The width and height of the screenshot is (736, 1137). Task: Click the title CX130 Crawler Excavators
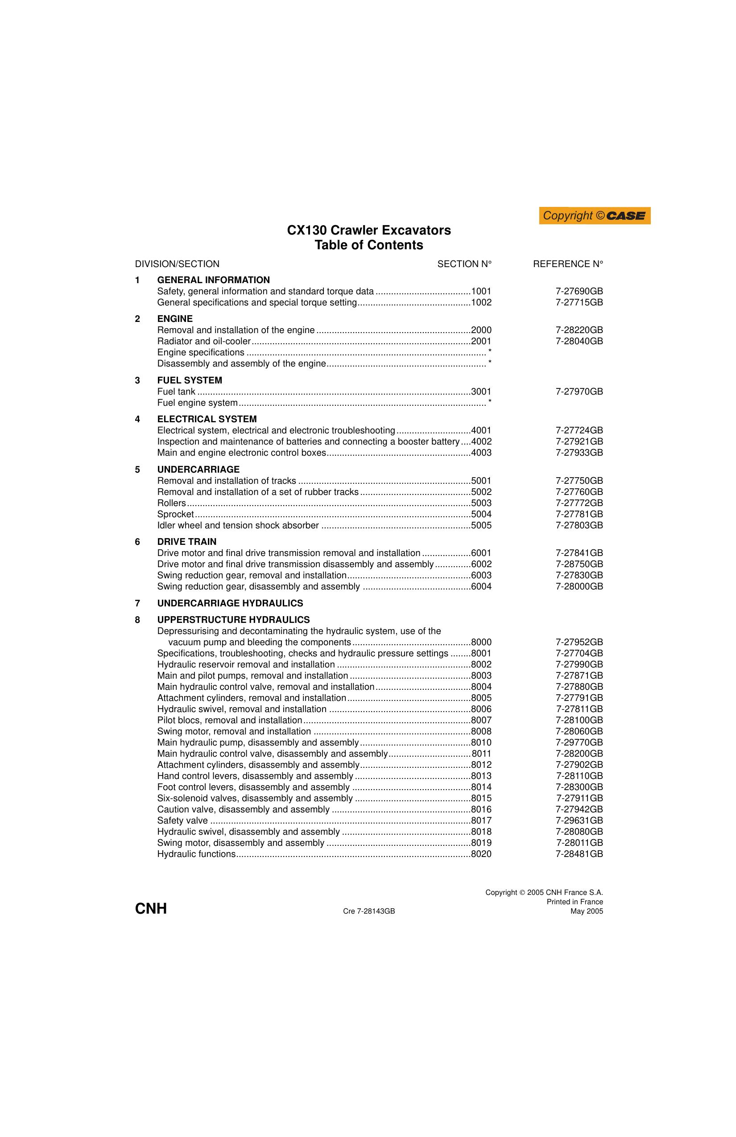tap(368, 230)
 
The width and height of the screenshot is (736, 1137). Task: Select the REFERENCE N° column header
tap(568, 264)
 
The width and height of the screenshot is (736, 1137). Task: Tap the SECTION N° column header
tap(464, 264)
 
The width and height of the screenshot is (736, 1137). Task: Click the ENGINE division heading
tap(175, 319)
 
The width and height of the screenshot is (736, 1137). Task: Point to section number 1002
tap(481, 302)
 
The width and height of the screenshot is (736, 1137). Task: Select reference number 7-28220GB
tap(579, 330)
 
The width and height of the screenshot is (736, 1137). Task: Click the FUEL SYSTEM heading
tap(190, 380)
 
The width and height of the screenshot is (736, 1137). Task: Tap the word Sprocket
tap(175, 514)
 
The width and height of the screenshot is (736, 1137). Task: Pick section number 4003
tap(481, 453)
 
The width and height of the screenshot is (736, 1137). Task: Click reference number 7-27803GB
tap(579, 525)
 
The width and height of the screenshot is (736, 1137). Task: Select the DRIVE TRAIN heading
tap(187, 542)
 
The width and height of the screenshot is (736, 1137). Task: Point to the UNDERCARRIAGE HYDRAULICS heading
tap(230, 603)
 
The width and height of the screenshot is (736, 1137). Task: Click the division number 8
tap(138, 620)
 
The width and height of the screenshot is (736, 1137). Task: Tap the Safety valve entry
tap(182, 821)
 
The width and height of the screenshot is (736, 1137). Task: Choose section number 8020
tap(481, 854)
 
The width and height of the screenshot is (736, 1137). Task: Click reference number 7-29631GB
tap(579, 821)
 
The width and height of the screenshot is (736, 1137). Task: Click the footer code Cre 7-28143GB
tap(368, 911)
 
